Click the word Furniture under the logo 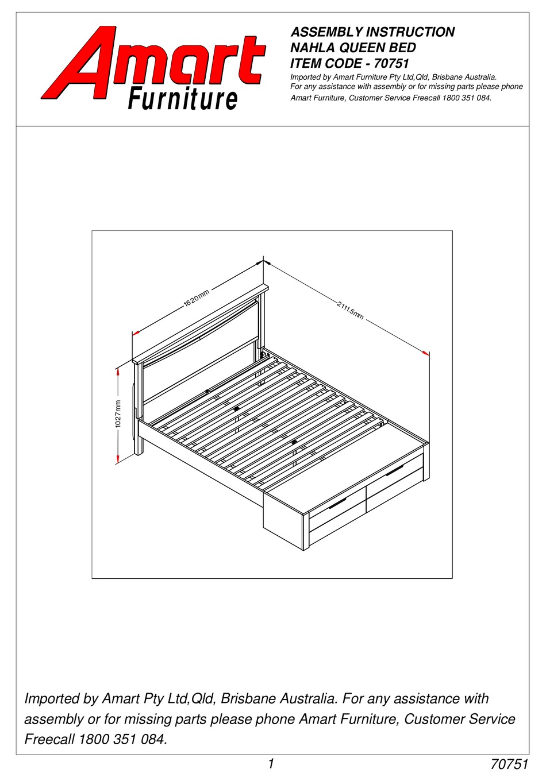pyautogui.click(x=182, y=100)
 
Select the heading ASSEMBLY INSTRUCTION pyautogui.click(x=372, y=32)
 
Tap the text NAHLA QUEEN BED pyautogui.click(x=353, y=48)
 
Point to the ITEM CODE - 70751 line pyautogui.click(x=349, y=64)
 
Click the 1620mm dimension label pyautogui.click(x=196, y=300)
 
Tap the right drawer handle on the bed pyautogui.click(x=394, y=471)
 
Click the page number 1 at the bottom pyautogui.click(x=271, y=763)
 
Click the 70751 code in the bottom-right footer pyautogui.click(x=509, y=764)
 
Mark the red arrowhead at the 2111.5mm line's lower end pyautogui.click(x=426, y=353)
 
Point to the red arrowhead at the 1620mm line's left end pyautogui.click(x=136, y=332)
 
